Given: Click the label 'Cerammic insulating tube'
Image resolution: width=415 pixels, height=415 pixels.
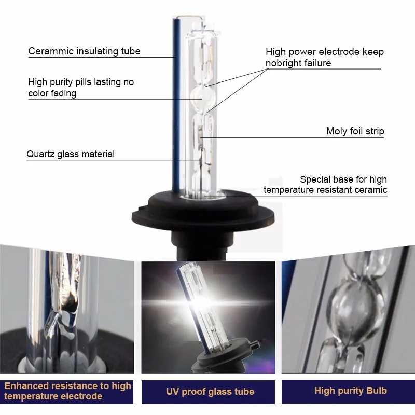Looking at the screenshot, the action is pos(84,51).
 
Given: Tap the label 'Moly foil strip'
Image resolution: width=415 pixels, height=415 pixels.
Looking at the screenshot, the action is pos(355,131).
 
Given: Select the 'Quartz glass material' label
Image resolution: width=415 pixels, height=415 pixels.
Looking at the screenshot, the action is pos(71,154).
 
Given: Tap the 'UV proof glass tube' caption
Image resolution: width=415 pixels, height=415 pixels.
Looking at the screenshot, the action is pos(210,392).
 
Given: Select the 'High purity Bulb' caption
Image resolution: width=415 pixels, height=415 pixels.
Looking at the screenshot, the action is pos(351,391).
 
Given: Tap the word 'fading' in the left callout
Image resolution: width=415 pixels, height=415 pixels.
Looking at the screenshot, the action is pos(63,93).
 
